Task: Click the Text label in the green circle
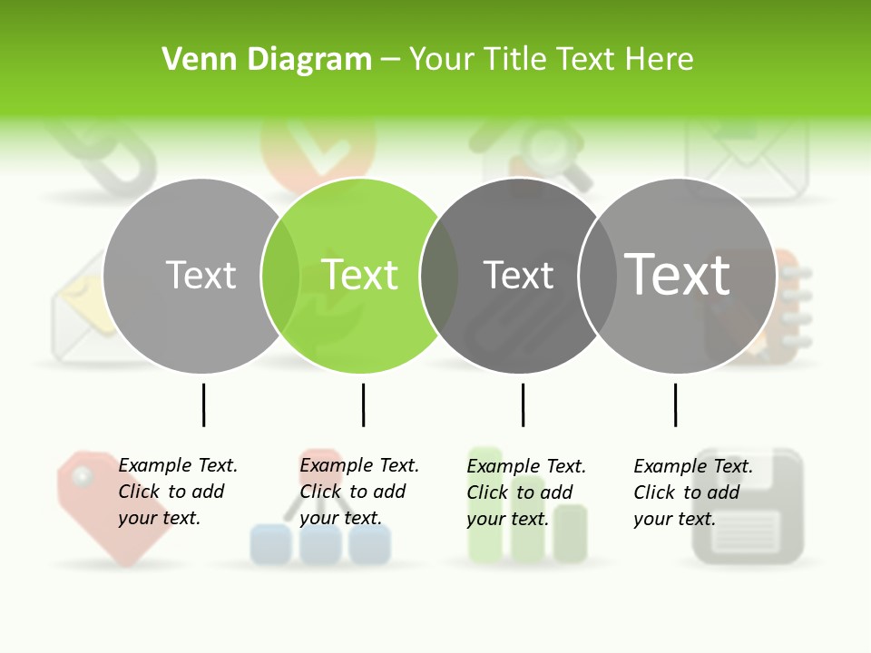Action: click(x=360, y=275)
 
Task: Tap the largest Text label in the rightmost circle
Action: click(x=678, y=275)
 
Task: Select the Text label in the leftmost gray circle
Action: click(x=201, y=275)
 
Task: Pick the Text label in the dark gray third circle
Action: click(x=518, y=275)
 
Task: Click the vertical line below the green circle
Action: click(x=363, y=404)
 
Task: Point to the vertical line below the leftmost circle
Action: click(x=203, y=404)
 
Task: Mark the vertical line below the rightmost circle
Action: click(x=675, y=404)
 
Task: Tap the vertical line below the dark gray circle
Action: click(x=523, y=404)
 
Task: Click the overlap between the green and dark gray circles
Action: click(x=440, y=275)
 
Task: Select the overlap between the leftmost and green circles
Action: click(x=280, y=275)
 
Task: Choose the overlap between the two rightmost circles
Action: click(x=598, y=275)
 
